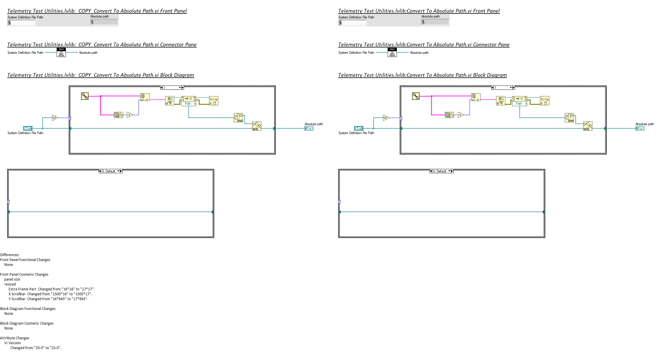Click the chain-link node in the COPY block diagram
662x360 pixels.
click(x=85, y=96)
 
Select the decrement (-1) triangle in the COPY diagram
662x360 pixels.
click(x=130, y=115)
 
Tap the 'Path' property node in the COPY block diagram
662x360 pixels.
click(x=188, y=104)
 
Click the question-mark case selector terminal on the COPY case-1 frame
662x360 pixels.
click(x=70, y=118)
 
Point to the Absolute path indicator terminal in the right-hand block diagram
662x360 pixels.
click(x=640, y=128)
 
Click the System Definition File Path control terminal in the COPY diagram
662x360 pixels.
click(x=28, y=128)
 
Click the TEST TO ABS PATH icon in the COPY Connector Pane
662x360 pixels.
click(x=61, y=53)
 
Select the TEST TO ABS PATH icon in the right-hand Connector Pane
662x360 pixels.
click(x=392, y=53)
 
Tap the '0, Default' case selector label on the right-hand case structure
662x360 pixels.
click(x=440, y=171)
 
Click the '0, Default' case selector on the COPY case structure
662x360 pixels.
click(x=109, y=171)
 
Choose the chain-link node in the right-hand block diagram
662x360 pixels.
click(x=416, y=96)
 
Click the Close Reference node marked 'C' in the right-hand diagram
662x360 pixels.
click(x=544, y=101)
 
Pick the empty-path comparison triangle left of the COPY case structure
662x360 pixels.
click(x=55, y=118)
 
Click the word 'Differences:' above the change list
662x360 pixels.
click(x=10, y=255)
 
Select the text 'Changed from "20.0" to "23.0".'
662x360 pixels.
click(x=36, y=348)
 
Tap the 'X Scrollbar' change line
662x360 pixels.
click(x=50, y=294)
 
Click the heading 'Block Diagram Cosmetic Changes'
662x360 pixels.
click(x=27, y=323)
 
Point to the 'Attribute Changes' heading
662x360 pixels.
click(x=15, y=338)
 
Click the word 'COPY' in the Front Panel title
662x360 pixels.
click(x=85, y=11)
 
